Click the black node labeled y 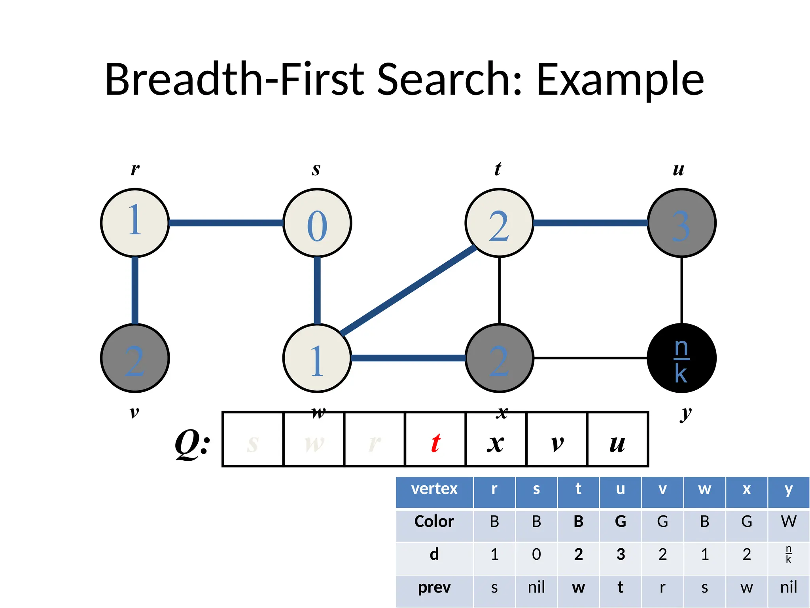tap(681, 358)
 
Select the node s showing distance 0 tap(317, 223)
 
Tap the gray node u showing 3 tap(681, 223)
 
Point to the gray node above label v tap(135, 358)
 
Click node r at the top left tap(135, 223)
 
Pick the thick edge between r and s tap(226, 223)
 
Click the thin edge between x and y tap(590, 358)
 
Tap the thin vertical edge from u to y tap(681, 290)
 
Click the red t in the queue tap(435, 443)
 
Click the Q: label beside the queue tap(193, 443)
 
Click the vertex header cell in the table tap(434, 489)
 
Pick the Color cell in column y tap(788, 522)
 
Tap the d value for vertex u tap(621, 555)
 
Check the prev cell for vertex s tap(536, 587)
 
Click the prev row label tap(434, 587)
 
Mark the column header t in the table tap(578, 489)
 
